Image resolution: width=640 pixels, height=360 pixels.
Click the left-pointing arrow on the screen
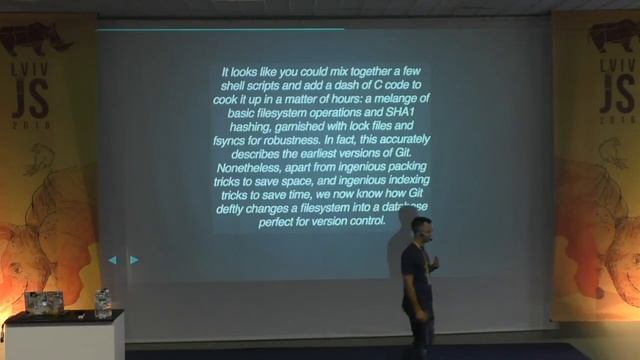[112, 260]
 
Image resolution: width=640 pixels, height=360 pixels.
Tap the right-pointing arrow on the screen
[134, 260]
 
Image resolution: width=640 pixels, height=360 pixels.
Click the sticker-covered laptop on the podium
[44, 301]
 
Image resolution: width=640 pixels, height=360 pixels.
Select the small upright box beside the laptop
[103, 301]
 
